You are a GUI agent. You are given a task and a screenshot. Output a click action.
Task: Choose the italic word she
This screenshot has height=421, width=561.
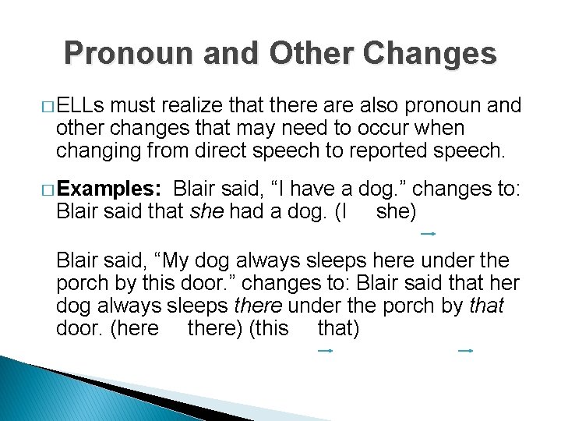206,210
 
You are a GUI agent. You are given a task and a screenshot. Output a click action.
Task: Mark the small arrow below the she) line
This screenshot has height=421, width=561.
427,233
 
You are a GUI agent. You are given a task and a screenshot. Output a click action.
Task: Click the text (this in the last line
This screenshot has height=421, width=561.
268,328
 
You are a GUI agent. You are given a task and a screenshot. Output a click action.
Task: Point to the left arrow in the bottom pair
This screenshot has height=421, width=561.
325,351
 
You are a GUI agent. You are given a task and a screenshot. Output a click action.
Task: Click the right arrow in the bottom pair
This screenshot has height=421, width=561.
465,351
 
